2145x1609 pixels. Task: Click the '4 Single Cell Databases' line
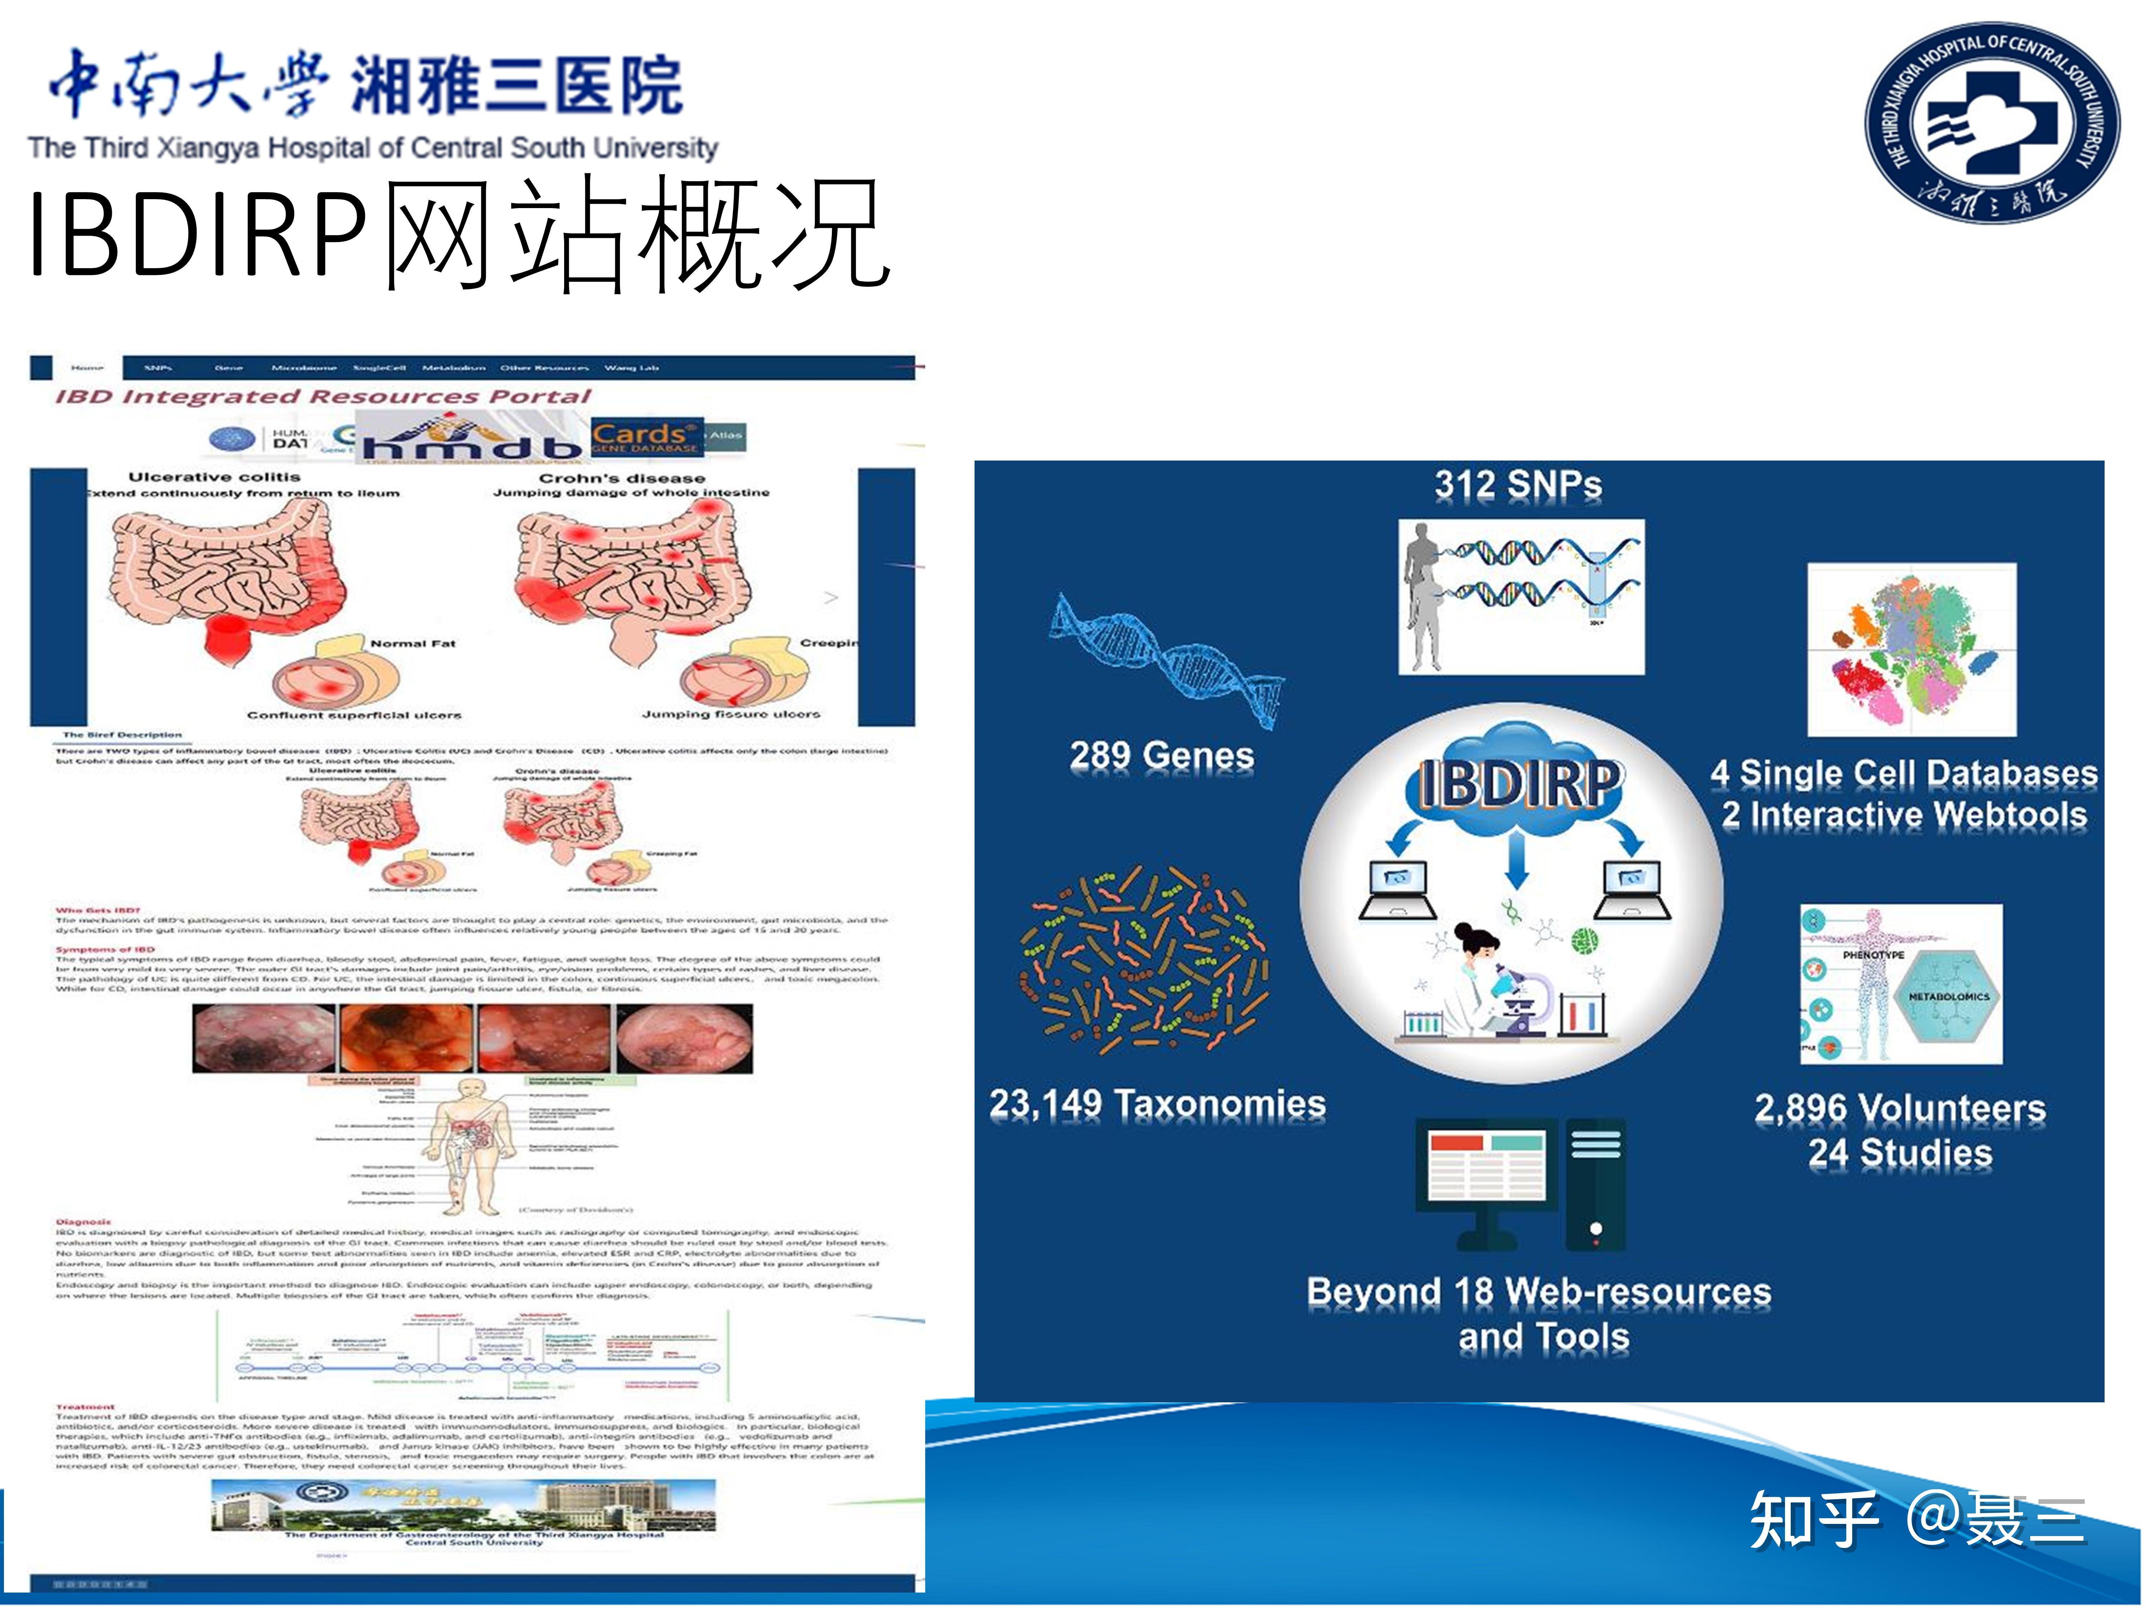1904,773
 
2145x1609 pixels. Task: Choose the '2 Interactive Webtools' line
1904,815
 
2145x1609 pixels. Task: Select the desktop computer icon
1519,1183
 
